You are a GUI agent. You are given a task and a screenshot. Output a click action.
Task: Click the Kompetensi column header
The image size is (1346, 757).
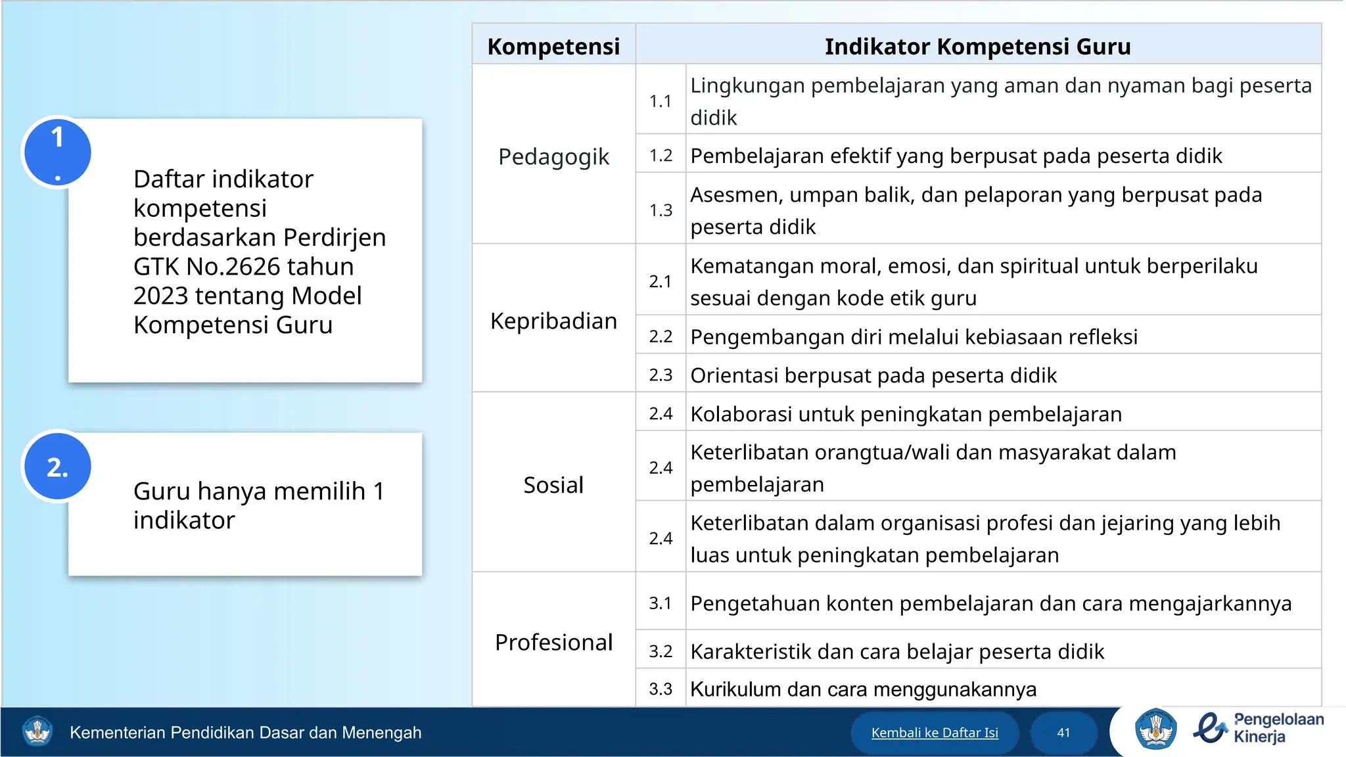pos(553,46)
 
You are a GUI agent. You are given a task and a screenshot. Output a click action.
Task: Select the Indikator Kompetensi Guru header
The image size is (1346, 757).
pos(977,46)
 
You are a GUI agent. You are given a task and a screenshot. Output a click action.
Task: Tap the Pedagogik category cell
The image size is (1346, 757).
pos(553,156)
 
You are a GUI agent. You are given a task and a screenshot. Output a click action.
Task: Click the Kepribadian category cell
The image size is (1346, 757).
pos(553,321)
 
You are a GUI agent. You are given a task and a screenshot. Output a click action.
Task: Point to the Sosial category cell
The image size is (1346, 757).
pos(553,485)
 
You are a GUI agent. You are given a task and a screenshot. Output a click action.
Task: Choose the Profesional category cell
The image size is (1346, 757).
pos(553,642)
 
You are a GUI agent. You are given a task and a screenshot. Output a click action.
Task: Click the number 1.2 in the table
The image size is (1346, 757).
pos(661,156)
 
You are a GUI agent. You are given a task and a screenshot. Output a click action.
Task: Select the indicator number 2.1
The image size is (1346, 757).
pos(661,281)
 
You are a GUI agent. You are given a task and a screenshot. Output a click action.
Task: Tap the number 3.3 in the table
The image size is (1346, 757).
pos(661,689)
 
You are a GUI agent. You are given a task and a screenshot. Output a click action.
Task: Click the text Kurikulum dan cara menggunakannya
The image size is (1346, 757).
pos(863,689)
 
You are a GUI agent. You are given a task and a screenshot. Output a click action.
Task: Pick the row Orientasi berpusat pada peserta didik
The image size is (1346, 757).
pos(873,375)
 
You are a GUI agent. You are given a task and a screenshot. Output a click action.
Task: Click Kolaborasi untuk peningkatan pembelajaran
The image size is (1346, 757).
pos(906,414)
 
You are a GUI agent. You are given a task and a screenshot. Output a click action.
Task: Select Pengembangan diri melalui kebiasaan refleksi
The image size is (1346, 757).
pos(914,336)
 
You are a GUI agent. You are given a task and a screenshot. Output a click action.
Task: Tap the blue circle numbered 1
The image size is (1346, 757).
pos(58,152)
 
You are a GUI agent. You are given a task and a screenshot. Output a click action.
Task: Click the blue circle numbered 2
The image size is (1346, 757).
pos(58,467)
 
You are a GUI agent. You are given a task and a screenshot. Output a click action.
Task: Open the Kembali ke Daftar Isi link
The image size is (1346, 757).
pos(934,733)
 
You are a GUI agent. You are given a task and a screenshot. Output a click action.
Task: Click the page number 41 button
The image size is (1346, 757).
pos(1063,733)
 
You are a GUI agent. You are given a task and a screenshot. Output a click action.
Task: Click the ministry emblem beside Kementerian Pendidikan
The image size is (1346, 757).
pos(37,731)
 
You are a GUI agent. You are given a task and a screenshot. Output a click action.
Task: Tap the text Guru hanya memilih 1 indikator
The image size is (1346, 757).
pos(258,505)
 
